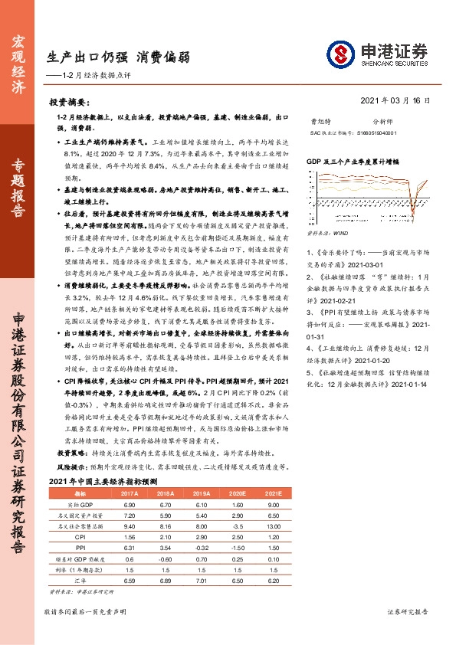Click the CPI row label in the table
coord(80,539)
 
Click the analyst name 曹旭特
coord(320,121)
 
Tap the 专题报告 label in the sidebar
coord(21,191)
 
